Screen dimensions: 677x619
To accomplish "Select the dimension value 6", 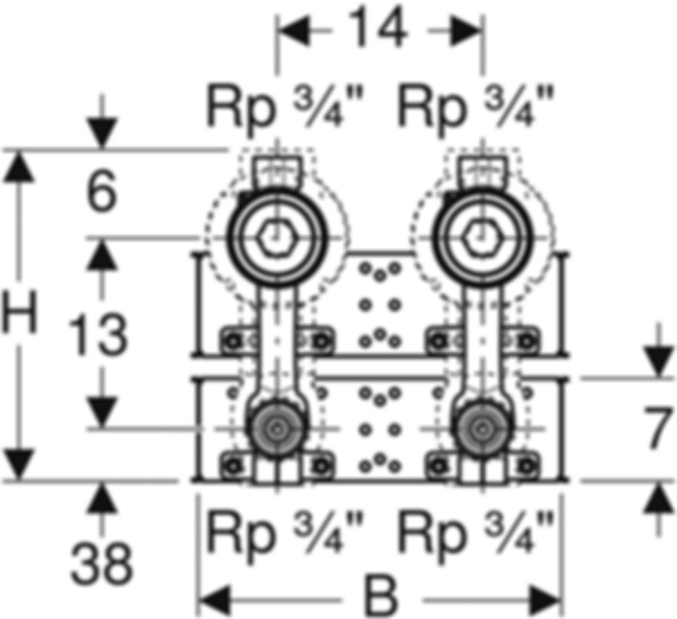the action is [102, 190].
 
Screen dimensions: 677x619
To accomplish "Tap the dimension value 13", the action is [98, 334].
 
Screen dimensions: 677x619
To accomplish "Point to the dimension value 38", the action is [102, 564].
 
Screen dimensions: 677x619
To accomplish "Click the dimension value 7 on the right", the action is [658, 428].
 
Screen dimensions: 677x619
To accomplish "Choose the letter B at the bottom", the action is [381, 596].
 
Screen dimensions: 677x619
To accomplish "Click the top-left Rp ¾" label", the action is [286, 107].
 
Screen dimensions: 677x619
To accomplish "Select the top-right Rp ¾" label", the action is [476, 107].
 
